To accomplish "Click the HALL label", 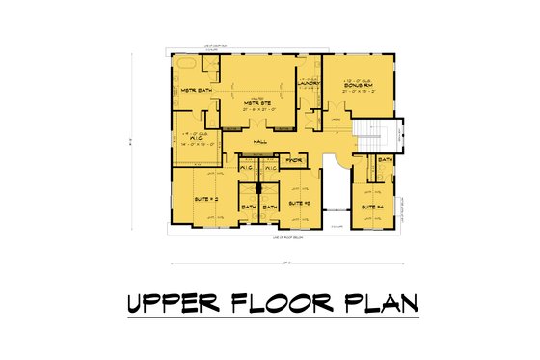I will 259,142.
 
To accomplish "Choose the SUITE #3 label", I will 300,204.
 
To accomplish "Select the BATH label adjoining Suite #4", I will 384,159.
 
